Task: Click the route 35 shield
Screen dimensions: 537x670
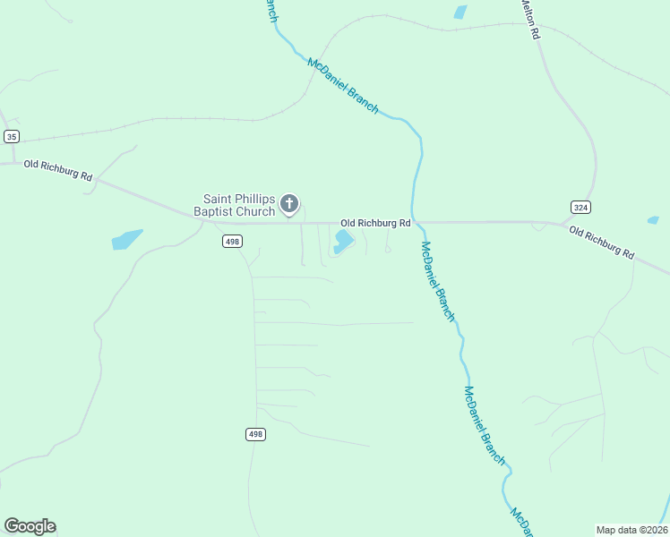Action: click(x=11, y=136)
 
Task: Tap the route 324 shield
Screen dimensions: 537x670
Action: click(x=580, y=207)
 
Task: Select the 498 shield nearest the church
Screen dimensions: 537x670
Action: click(x=233, y=242)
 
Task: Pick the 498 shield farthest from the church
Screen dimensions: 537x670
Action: click(x=255, y=434)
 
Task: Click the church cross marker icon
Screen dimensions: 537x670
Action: click(x=288, y=204)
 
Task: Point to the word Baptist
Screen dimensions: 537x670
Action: click(x=213, y=212)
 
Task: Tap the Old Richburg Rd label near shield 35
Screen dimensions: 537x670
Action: click(x=58, y=170)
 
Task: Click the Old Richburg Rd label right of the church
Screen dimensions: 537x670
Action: click(x=374, y=222)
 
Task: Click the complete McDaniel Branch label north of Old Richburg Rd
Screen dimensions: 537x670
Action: click(x=343, y=85)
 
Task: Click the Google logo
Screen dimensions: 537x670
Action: click(x=30, y=525)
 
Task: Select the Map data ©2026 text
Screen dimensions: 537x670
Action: click(x=631, y=529)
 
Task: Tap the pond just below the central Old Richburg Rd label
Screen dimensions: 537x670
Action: click(x=343, y=241)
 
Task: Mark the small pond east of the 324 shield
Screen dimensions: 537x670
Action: click(x=653, y=220)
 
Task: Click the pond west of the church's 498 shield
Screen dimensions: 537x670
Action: click(x=127, y=239)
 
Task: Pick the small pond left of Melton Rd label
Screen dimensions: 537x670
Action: click(x=460, y=12)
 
